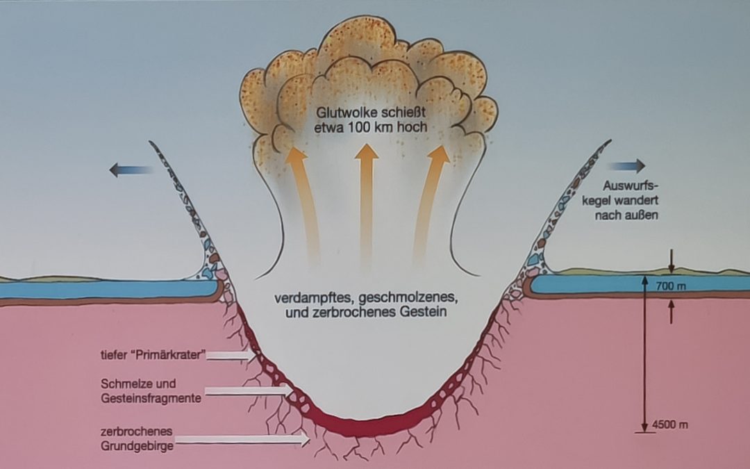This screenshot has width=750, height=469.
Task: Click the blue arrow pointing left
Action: click(130, 170)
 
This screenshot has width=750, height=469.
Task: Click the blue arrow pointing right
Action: click(627, 166)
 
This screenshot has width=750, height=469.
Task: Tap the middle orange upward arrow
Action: click(366, 201)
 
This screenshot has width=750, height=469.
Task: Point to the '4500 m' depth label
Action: click(672, 425)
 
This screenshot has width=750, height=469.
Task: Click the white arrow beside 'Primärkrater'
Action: click(231, 356)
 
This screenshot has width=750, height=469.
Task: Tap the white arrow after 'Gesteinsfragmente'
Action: click(249, 391)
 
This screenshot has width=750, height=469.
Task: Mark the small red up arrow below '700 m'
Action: click(672, 312)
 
